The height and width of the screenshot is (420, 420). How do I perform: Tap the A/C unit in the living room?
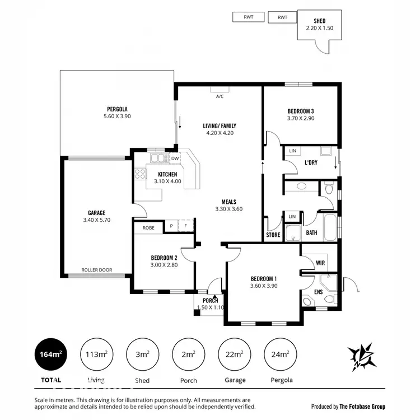(220, 89)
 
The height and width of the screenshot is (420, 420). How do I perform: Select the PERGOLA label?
(118, 109)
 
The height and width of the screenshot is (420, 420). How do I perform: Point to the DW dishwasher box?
(175, 158)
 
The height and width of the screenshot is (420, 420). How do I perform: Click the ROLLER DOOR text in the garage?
(96, 270)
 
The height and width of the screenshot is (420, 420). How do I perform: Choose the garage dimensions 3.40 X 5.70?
(96, 220)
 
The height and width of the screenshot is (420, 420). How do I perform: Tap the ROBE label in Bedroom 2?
(148, 228)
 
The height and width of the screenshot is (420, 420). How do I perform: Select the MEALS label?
(228, 202)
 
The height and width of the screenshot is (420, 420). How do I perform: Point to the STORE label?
(273, 235)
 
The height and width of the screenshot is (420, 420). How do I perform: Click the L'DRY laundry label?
(311, 162)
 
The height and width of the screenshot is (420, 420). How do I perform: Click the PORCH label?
(210, 301)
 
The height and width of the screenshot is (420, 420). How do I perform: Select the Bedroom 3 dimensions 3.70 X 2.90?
(301, 118)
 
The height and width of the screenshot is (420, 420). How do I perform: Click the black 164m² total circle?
(51, 354)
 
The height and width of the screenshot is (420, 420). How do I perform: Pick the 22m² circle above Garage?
(234, 354)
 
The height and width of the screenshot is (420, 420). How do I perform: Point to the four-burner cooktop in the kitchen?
(139, 174)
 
